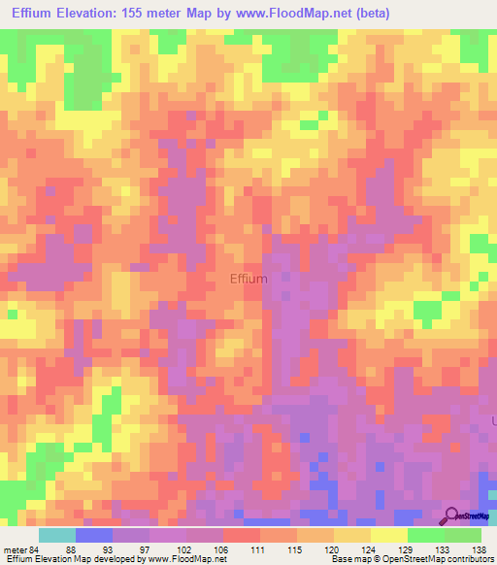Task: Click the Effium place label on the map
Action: click(248, 279)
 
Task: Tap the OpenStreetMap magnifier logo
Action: click(451, 516)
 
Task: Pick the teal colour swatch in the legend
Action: click(56, 535)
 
